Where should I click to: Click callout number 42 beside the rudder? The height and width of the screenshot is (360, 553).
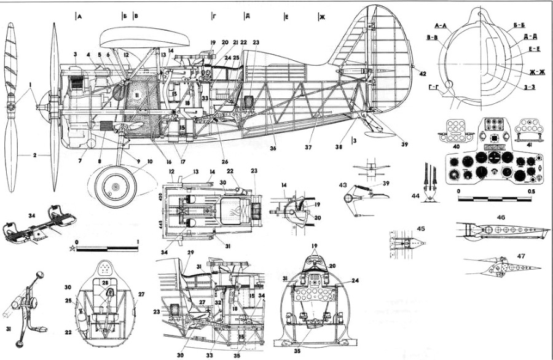point(423,73)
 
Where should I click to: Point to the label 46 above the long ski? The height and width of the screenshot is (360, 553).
point(501,217)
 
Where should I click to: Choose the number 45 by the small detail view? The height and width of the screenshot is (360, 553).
point(403,229)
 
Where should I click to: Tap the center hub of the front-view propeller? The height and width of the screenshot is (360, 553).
point(12,106)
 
